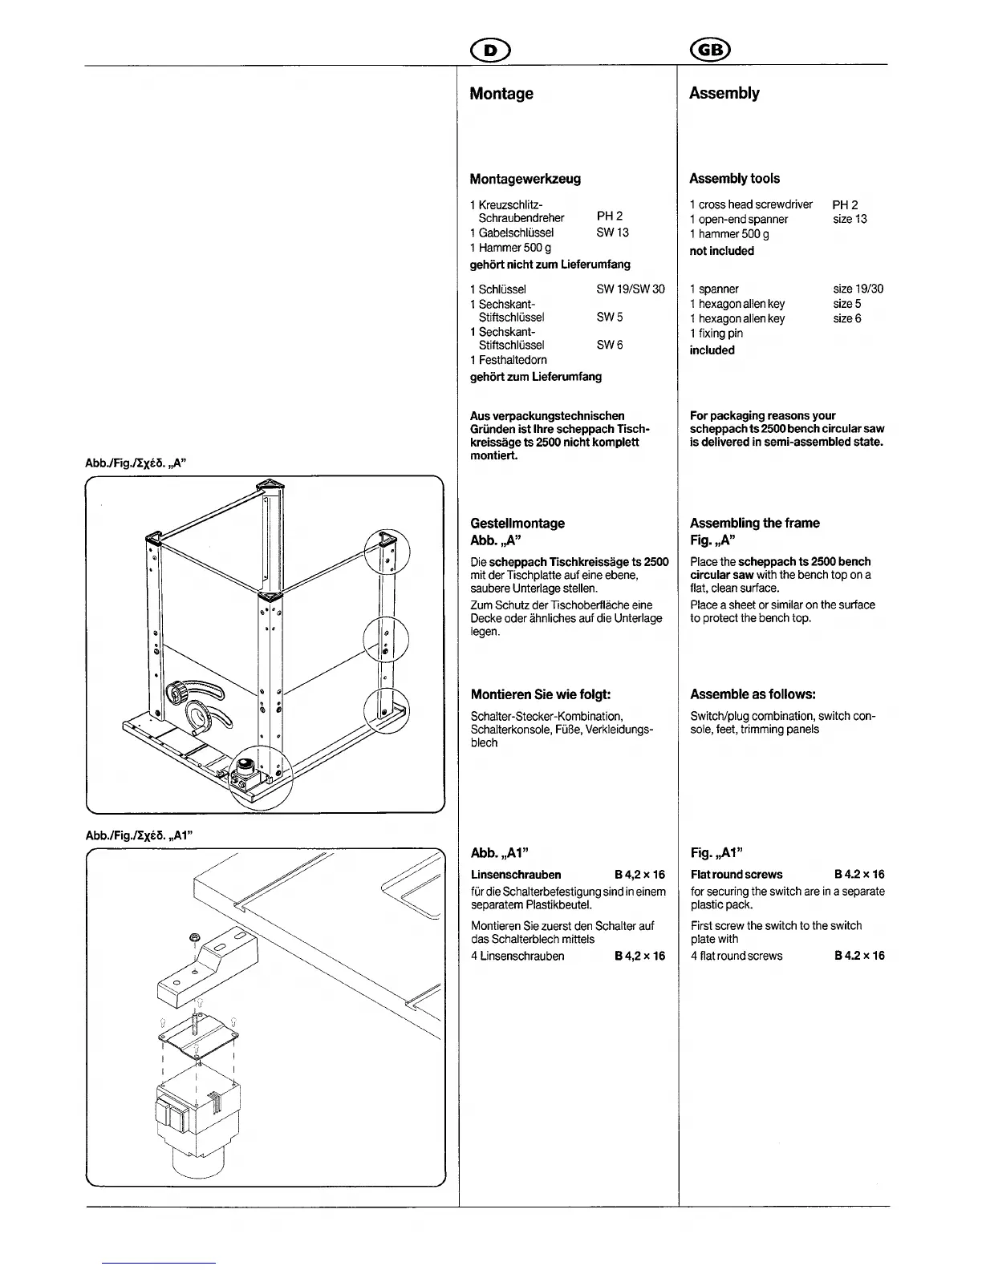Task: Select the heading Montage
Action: [501, 94]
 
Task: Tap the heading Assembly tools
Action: [734, 179]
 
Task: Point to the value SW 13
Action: [612, 233]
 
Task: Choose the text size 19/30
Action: [858, 289]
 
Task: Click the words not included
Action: [721, 251]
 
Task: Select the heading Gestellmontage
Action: [517, 524]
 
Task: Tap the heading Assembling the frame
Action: [754, 524]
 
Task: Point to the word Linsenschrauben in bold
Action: [516, 875]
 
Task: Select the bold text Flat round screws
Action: [736, 875]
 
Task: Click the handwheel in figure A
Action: [177, 691]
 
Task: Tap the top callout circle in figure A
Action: [387, 552]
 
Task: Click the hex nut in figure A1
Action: [194, 938]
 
